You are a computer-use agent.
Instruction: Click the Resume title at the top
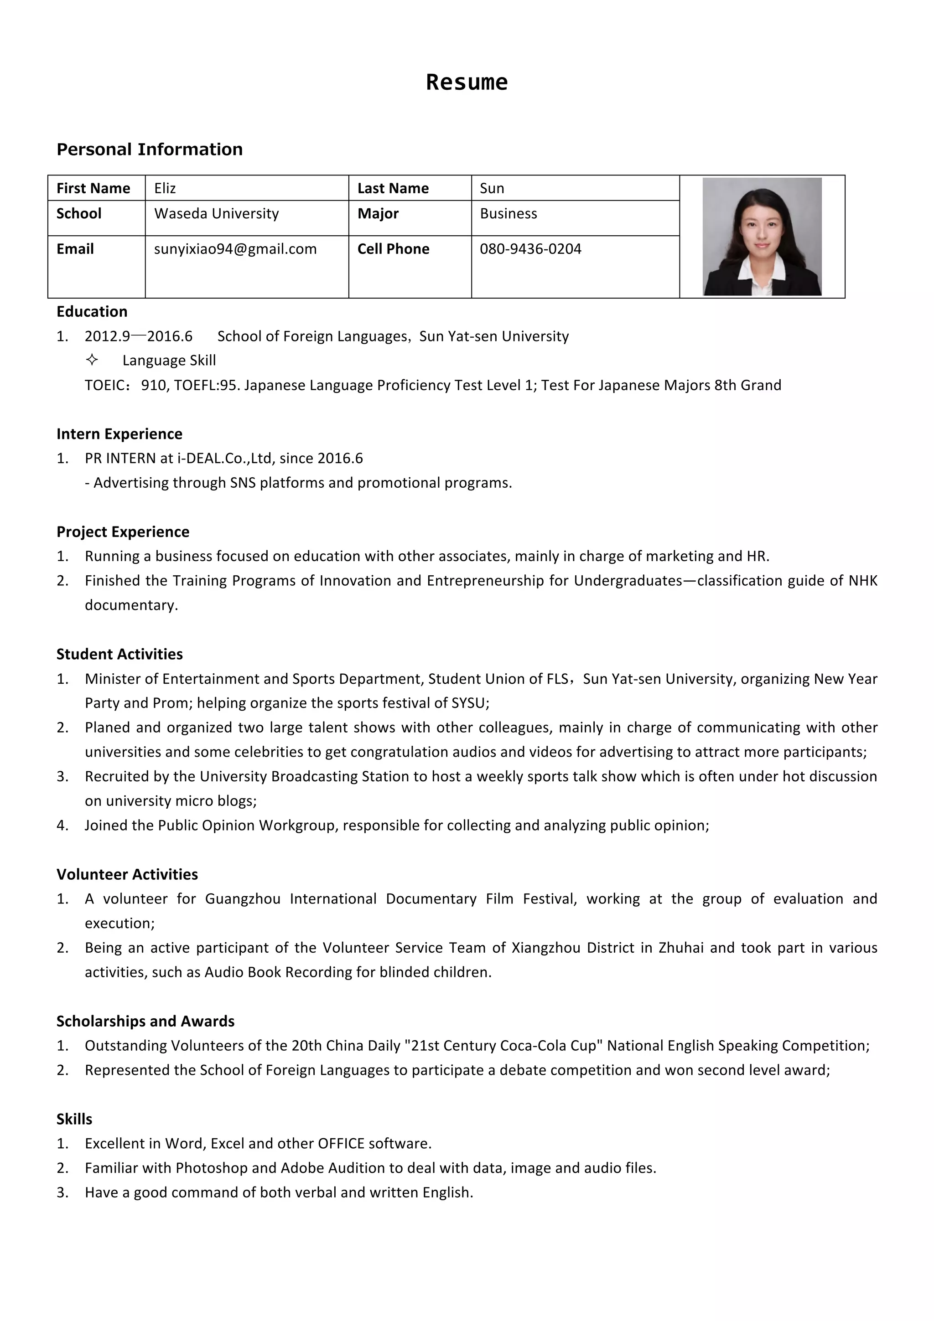click(467, 82)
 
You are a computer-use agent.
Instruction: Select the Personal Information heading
click(150, 149)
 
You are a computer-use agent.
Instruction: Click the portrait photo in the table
click(762, 237)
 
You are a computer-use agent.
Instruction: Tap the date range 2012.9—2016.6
click(139, 336)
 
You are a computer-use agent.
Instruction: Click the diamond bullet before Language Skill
click(92, 360)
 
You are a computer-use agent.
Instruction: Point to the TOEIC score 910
click(154, 385)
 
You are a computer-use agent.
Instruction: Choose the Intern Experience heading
click(119, 434)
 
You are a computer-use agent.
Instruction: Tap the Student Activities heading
click(119, 654)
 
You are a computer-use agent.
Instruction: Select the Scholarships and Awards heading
click(145, 1021)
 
